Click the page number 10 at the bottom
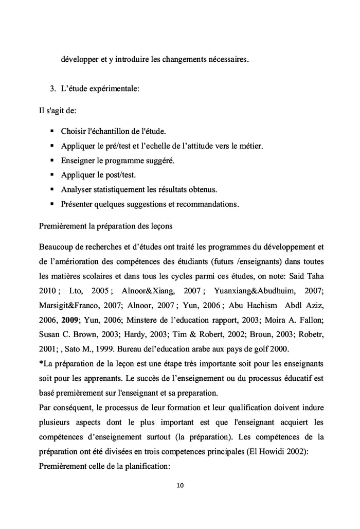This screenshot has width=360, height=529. click(179, 485)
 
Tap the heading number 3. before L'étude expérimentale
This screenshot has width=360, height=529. click(52, 89)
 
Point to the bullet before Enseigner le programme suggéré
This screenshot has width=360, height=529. click(52, 160)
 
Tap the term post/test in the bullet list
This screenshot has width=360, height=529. click(121, 174)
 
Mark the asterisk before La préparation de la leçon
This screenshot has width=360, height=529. click(41, 363)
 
